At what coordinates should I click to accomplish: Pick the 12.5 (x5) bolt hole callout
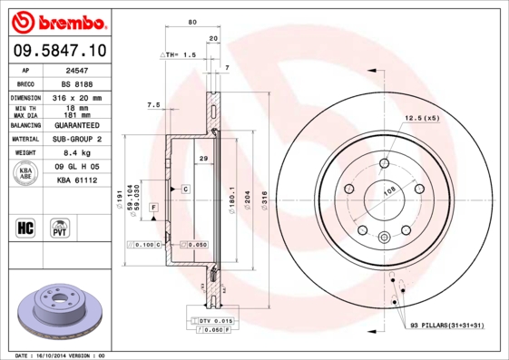pyautogui.click(x=421, y=118)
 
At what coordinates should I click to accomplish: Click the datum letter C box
pyautogui.click(x=184, y=189)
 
